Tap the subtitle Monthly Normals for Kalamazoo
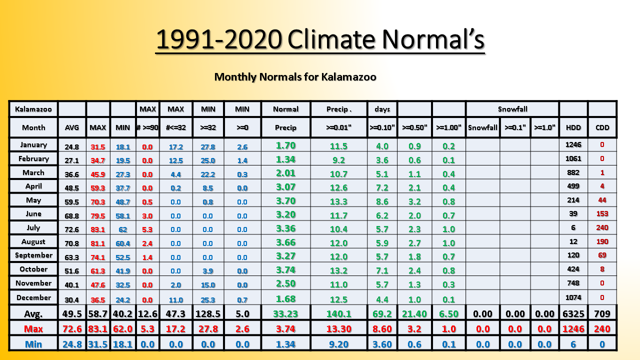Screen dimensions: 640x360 pyautogui.click(x=295, y=77)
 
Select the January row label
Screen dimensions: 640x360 pyautogui.click(x=33, y=145)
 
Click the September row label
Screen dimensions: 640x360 pyautogui.click(x=33, y=255)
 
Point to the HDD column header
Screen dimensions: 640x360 pyautogui.click(x=573, y=127)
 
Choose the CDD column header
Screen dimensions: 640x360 pyautogui.click(x=602, y=127)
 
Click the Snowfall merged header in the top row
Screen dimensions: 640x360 pyautogui.click(x=512, y=109)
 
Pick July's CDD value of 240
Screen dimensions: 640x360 pyautogui.click(x=602, y=227)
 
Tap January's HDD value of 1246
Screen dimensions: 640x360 pyautogui.click(x=573, y=144)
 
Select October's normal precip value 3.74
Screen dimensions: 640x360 pyautogui.click(x=285, y=270)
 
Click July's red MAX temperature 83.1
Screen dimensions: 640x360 pyautogui.click(x=97, y=229)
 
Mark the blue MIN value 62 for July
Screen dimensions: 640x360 pyautogui.click(x=123, y=229)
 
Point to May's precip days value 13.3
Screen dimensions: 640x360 pyautogui.click(x=338, y=201)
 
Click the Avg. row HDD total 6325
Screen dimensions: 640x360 pyautogui.click(x=573, y=313)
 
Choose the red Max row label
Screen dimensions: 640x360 pyautogui.click(x=33, y=329)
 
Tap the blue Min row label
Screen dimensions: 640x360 pyautogui.click(x=33, y=344)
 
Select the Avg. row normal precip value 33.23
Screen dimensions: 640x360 pyautogui.click(x=285, y=313)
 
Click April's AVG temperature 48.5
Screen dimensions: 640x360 pyautogui.click(x=71, y=188)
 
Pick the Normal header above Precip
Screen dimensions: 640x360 pyautogui.click(x=285, y=109)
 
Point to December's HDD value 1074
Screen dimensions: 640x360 pyautogui.click(x=573, y=297)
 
